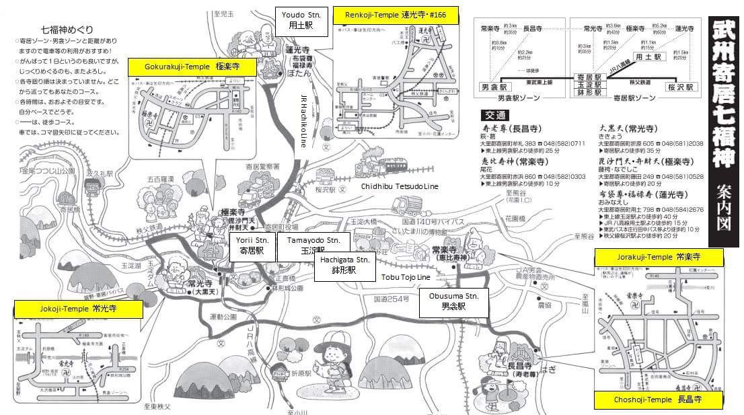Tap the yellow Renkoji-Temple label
(396, 14)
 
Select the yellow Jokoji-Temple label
(77, 309)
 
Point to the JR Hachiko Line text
(303, 120)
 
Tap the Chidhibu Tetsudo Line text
(400, 186)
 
